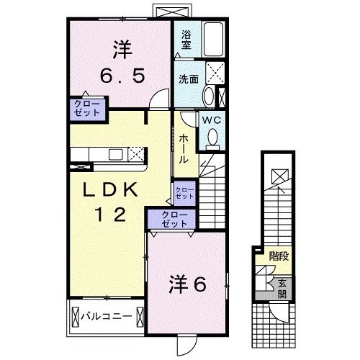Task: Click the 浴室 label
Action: click(x=186, y=39)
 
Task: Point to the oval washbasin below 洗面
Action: click(x=209, y=96)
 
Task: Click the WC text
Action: click(x=210, y=120)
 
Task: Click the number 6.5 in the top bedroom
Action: click(x=120, y=74)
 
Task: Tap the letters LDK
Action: click(x=110, y=190)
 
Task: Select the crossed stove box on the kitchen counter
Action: click(x=135, y=153)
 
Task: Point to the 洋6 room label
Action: click(x=187, y=283)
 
